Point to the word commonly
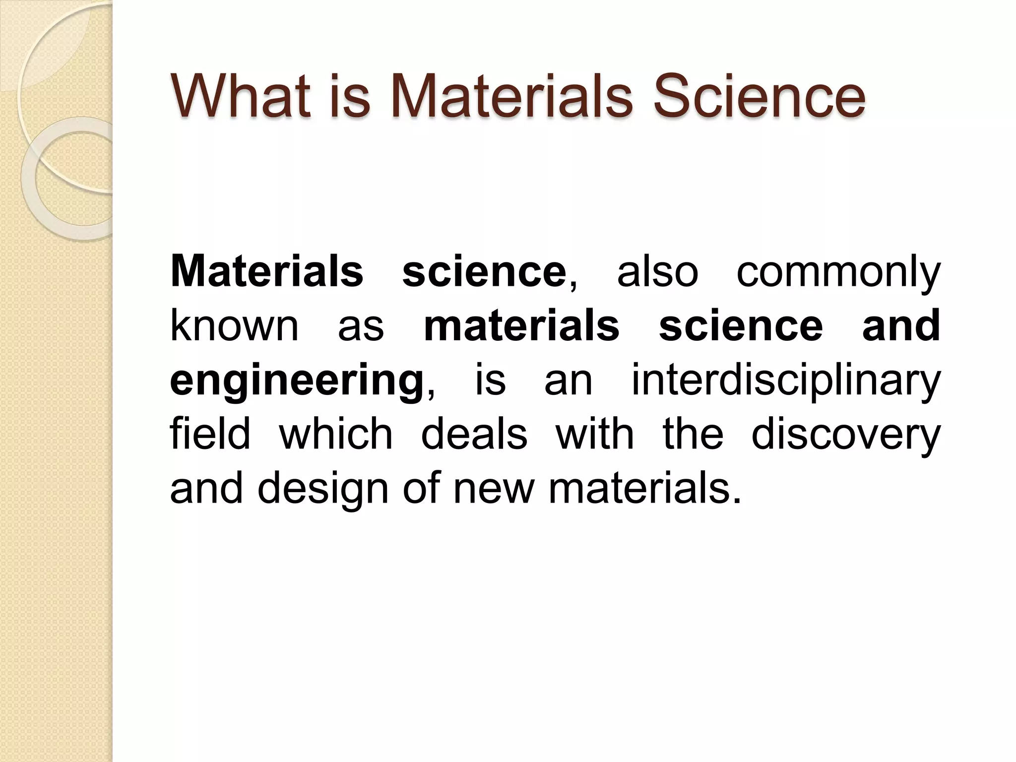838,273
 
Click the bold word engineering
296,382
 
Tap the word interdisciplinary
786,382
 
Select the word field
210,434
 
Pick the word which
336,434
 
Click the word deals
474,434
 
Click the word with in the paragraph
594,434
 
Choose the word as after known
361,327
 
